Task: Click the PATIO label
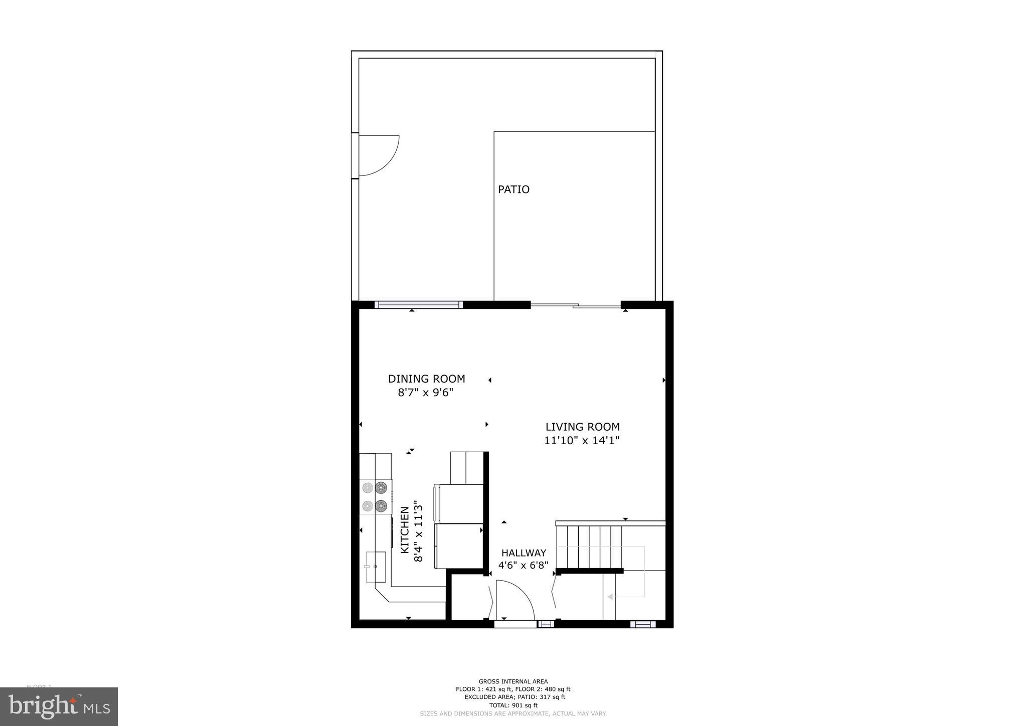click(x=513, y=190)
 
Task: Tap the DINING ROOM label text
click(x=426, y=379)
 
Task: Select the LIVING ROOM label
click(x=582, y=427)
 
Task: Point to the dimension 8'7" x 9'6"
click(x=426, y=393)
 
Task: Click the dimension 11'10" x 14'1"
click(x=582, y=441)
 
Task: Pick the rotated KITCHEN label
click(x=405, y=529)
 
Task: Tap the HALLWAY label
click(x=524, y=553)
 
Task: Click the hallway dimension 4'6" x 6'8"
click(x=523, y=566)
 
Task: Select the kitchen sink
click(x=376, y=567)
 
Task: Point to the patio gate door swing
click(x=379, y=155)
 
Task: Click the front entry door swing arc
click(x=517, y=599)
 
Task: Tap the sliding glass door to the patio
click(x=575, y=305)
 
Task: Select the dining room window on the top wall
click(x=418, y=304)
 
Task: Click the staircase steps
click(x=590, y=546)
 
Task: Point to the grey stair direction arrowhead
click(x=610, y=597)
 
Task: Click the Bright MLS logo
click(x=59, y=706)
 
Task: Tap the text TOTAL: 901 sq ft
click(x=513, y=705)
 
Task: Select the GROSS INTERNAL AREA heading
click(x=513, y=681)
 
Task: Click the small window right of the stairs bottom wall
click(x=642, y=624)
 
